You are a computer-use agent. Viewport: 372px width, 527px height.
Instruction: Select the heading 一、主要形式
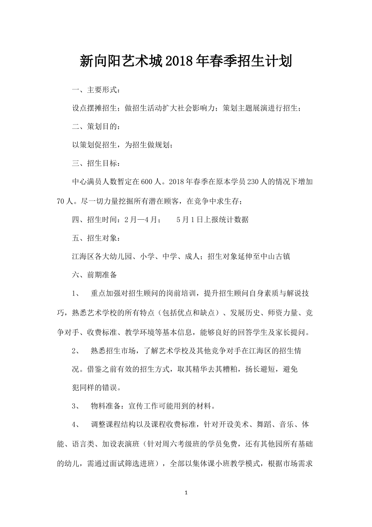(x=94, y=90)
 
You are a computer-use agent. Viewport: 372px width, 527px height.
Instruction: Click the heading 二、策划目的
(x=94, y=126)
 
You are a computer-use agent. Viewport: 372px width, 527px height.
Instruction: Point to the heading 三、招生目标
(x=94, y=163)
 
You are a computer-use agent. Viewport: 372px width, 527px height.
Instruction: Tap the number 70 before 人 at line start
(x=61, y=201)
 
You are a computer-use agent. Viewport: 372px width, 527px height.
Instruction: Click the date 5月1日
(x=189, y=220)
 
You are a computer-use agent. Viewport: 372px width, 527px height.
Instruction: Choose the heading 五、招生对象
(x=94, y=238)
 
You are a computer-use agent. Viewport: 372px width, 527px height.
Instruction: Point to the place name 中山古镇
(x=275, y=256)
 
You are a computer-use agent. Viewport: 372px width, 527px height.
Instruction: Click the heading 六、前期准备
(x=94, y=275)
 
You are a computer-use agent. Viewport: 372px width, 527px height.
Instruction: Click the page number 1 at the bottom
(x=186, y=493)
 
